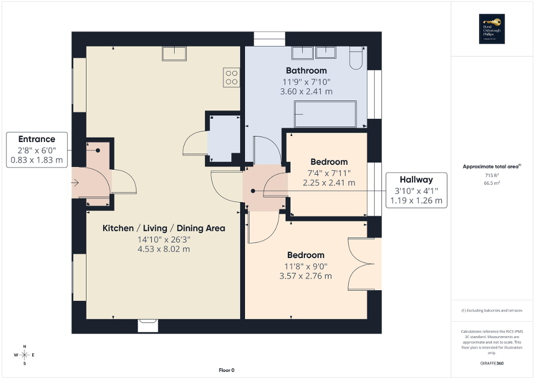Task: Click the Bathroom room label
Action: [x=306, y=70]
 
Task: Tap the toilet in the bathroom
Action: [x=355, y=57]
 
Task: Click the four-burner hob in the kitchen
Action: [x=231, y=77]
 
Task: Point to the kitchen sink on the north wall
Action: [x=174, y=53]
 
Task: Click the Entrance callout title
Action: [x=37, y=139]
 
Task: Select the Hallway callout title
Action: [x=416, y=179]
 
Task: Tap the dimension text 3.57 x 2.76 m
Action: [x=306, y=276]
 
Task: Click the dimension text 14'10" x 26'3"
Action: [x=164, y=239]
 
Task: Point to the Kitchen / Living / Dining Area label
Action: [x=164, y=228]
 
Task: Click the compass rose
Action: [x=24, y=355]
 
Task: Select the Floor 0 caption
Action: [x=227, y=370]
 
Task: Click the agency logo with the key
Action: [x=490, y=29]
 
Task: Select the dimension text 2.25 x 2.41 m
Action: [x=329, y=183]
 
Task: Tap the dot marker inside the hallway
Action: [x=253, y=191]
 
